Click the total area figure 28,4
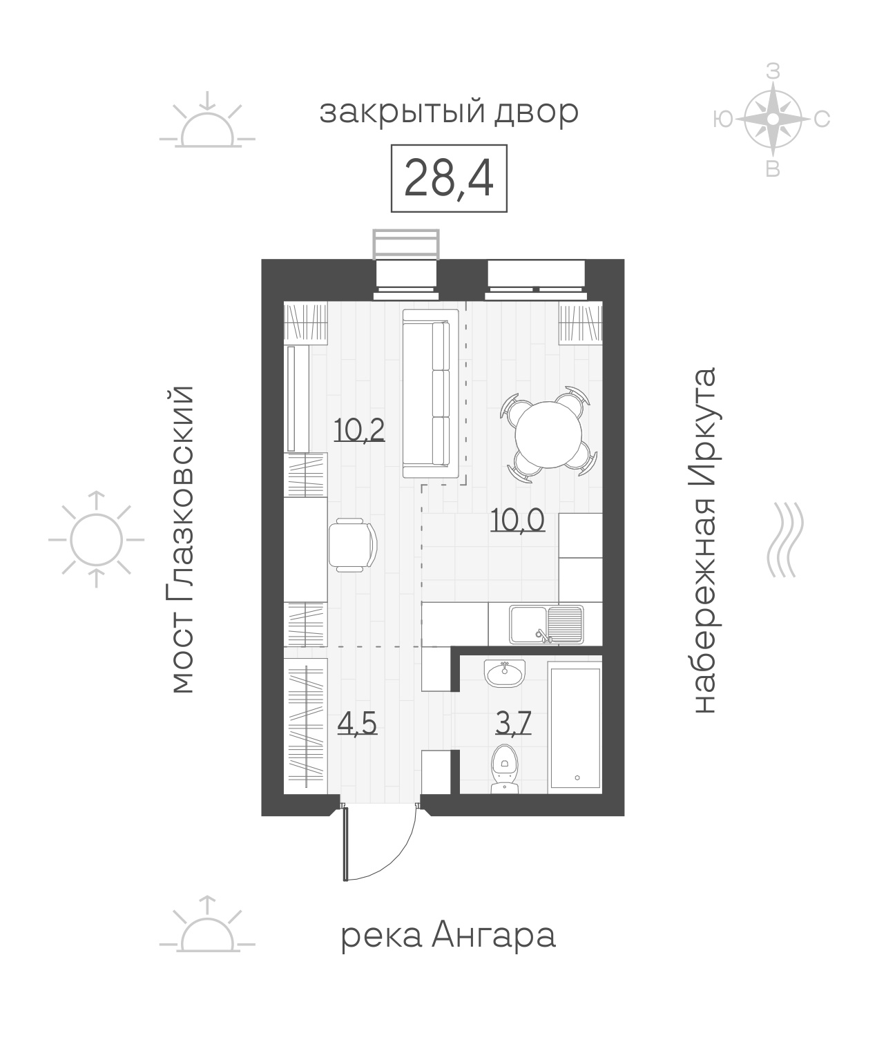click(449, 178)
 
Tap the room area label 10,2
click(359, 429)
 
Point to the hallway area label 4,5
click(357, 723)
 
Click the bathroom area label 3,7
click(513, 723)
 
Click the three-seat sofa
click(431, 394)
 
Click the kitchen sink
click(547, 624)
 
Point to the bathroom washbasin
click(505, 674)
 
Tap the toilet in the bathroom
click(505, 769)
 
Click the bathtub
click(575, 727)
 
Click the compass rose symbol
click(772, 119)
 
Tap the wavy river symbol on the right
click(785, 540)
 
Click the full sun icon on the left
click(97, 540)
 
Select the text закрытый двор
click(449, 113)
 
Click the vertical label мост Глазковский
click(182, 539)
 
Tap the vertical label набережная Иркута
click(705, 540)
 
